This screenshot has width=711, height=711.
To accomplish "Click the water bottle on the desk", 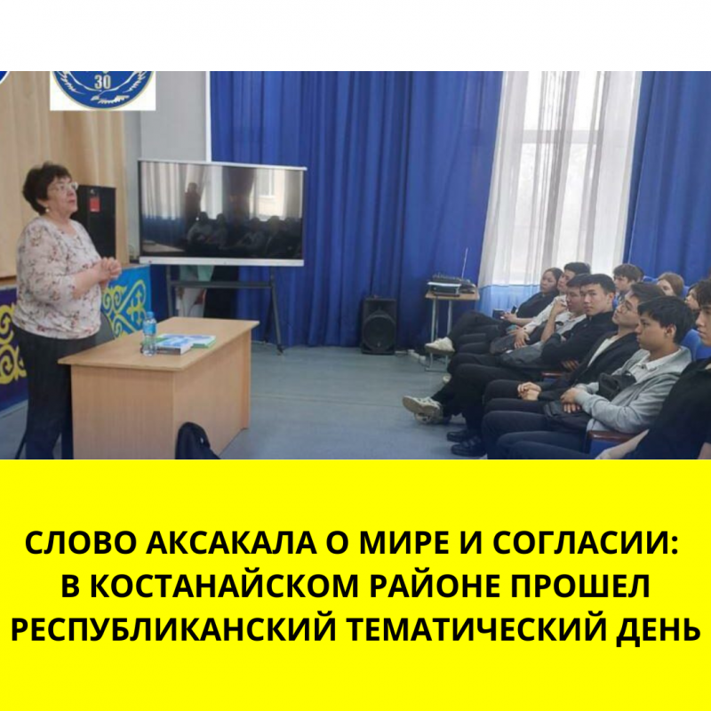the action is pyautogui.click(x=148, y=333).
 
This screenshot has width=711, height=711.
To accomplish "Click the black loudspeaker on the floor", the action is pyautogui.click(x=379, y=325).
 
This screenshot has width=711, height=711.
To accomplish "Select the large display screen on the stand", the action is pyautogui.click(x=221, y=212).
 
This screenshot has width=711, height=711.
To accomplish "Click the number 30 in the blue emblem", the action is pyautogui.click(x=103, y=83).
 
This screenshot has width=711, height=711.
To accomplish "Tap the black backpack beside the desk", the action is pyautogui.click(x=195, y=441).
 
